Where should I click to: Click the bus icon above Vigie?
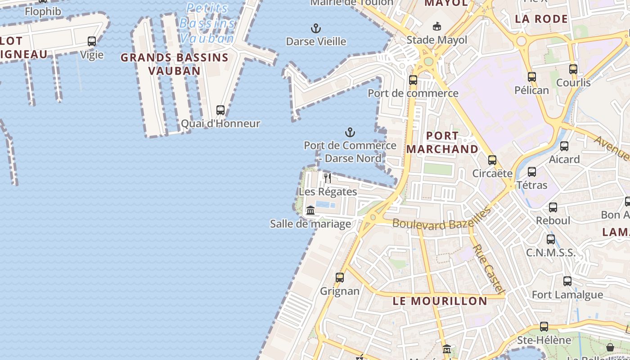coord(92,41)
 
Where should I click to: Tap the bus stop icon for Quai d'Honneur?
coord(220,110)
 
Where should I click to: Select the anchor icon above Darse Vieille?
coord(316,28)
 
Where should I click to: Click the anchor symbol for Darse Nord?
coord(350,132)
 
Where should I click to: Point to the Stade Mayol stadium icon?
coord(436,27)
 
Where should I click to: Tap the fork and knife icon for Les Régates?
coord(328,178)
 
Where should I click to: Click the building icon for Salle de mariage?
coord(310,210)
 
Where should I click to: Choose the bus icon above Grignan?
coord(340,278)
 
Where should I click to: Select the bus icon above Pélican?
coord(532,77)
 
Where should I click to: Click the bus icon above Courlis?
coord(573,69)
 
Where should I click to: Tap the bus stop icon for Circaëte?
coord(492,160)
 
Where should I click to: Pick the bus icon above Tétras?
coord(532,172)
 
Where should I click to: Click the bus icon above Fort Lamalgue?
coord(567,281)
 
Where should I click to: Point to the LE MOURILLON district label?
coord(440,301)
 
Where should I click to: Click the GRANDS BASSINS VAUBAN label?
coord(175,64)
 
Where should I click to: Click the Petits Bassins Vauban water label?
coord(207,23)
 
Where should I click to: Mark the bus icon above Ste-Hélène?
coord(544,327)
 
